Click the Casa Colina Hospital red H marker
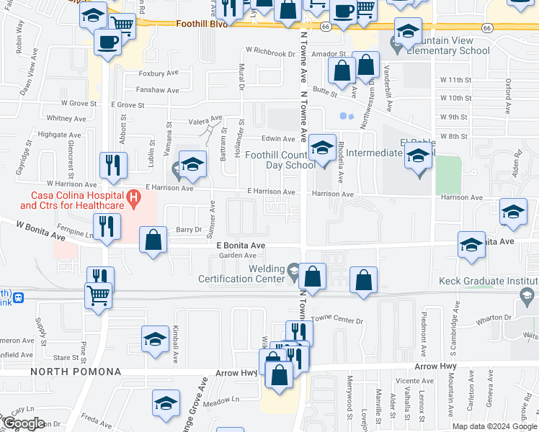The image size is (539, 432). click(133, 196)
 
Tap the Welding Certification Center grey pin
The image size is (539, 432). click(293, 271)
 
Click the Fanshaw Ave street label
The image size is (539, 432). click(159, 90)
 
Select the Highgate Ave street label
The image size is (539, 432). click(52, 135)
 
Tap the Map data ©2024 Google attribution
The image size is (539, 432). click(494, 426)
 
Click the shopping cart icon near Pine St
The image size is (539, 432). click(98, 294)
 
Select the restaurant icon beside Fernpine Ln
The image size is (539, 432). click(107, 226)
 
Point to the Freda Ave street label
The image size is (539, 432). click(92, 417)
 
